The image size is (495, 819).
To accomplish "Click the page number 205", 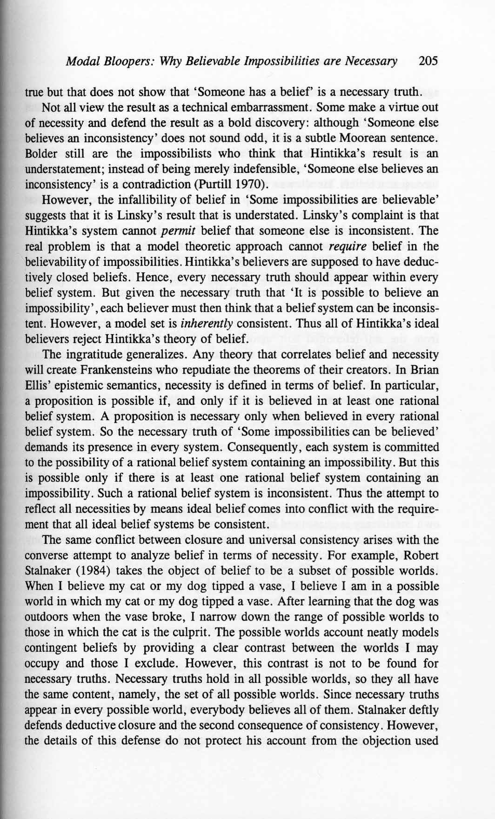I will [x=428, y=61].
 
